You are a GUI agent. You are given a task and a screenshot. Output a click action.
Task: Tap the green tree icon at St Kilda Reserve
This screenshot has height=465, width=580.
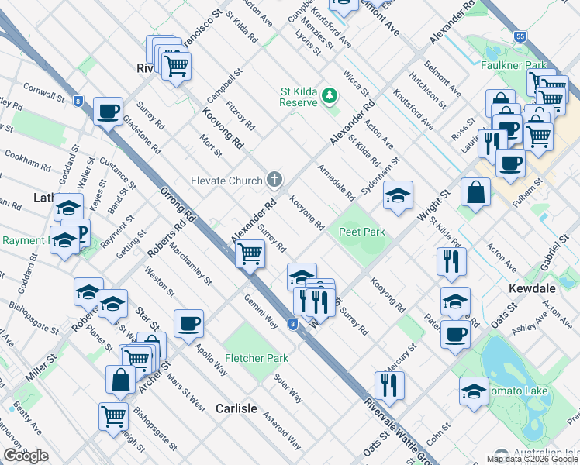(x=330, y=96)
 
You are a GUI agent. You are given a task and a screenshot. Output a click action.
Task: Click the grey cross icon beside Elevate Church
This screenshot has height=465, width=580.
(x=274, y=181)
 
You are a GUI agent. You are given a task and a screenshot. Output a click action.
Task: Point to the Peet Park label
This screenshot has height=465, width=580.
(x=361, y=232)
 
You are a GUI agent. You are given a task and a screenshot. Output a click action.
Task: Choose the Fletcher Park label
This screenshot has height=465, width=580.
(x=257, y=358)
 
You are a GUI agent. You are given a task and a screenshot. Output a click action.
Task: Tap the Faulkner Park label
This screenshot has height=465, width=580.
(x=509, y=65)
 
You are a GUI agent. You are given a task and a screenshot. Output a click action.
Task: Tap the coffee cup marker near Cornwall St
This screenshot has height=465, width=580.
(x=108, y=111)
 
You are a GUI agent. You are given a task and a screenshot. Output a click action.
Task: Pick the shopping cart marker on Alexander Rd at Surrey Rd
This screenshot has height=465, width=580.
(x=250, y=253)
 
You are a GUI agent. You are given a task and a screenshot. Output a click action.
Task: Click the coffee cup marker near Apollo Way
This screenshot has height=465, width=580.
(x=188, y=324)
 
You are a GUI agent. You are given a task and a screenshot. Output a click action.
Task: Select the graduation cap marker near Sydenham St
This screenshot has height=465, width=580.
(x=398, y=195)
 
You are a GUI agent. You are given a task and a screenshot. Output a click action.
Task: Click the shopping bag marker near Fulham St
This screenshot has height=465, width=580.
(x=475, y=192)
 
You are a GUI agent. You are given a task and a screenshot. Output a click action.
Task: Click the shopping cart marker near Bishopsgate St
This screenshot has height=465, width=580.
(x=113, y=416)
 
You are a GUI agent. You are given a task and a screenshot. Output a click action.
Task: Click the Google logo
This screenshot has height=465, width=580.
(x=26, y=456)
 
